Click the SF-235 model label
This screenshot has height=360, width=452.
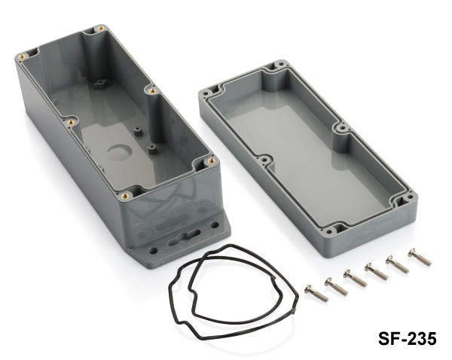pos(407,338)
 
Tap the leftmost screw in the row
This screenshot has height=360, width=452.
pos(316,292)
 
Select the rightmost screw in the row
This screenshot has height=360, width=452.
pos(420,257)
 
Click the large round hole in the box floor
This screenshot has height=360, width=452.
pos(120,152)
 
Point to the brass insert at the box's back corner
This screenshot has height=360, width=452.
pos(101,29)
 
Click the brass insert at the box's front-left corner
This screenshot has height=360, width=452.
pos(125,196)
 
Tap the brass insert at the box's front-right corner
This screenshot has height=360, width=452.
pos(212,161)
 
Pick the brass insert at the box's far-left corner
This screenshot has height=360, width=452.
pos(20,56)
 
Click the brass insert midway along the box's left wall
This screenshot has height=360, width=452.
pos(70,122)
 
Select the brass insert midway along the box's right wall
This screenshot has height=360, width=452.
pos(152,91)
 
